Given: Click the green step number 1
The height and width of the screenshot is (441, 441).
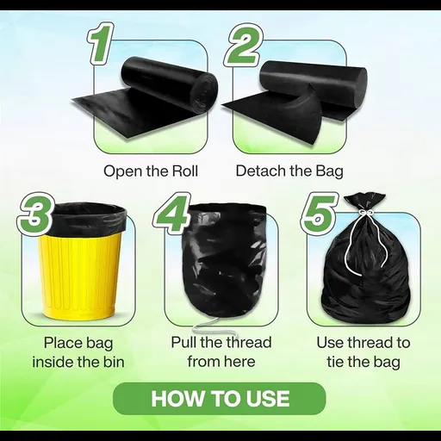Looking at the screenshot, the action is pyautogui.click(x=101, y=44).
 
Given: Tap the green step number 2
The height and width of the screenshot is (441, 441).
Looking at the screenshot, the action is pyautogui.click(x=243, y=45).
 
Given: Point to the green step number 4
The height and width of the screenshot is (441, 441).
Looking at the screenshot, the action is pyautogui.click(x=172, y=214).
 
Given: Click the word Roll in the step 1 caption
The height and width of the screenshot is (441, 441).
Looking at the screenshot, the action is pyautogui.click(x=184, y=171).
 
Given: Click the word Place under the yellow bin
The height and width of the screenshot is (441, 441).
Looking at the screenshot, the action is pyautogui.click(x=59, y=343).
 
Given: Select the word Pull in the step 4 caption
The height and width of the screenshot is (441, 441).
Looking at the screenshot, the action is pyautogui.click(x=183, y=342).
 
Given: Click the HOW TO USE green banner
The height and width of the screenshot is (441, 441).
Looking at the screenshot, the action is pyautogui.click(x=220, y=399).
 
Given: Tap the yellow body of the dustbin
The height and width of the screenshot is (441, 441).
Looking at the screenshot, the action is pyautogui.click(x=78, y=273).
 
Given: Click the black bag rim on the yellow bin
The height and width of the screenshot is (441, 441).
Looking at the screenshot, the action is pyautogui.click(x=89, y=217).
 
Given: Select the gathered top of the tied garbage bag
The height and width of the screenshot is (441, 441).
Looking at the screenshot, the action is pyautogui.click(x=364, y=202).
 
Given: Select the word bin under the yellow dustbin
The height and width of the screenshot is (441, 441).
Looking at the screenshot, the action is pyautogui.click(x=114, y=362).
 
